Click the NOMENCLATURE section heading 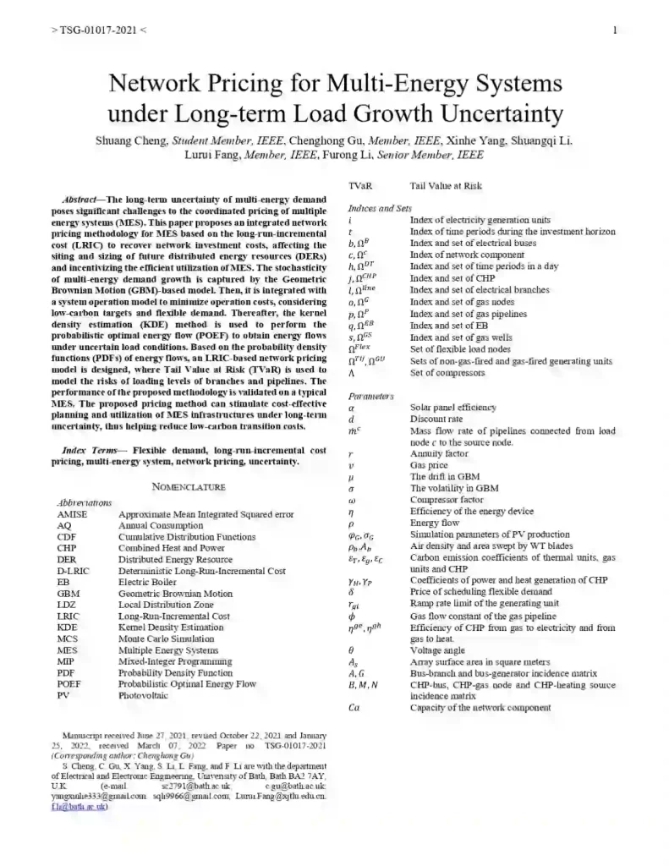tap(189, 486)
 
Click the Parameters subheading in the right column tap(371, 396)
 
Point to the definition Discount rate tap(436, 419)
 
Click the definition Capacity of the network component tap(480, 708)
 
